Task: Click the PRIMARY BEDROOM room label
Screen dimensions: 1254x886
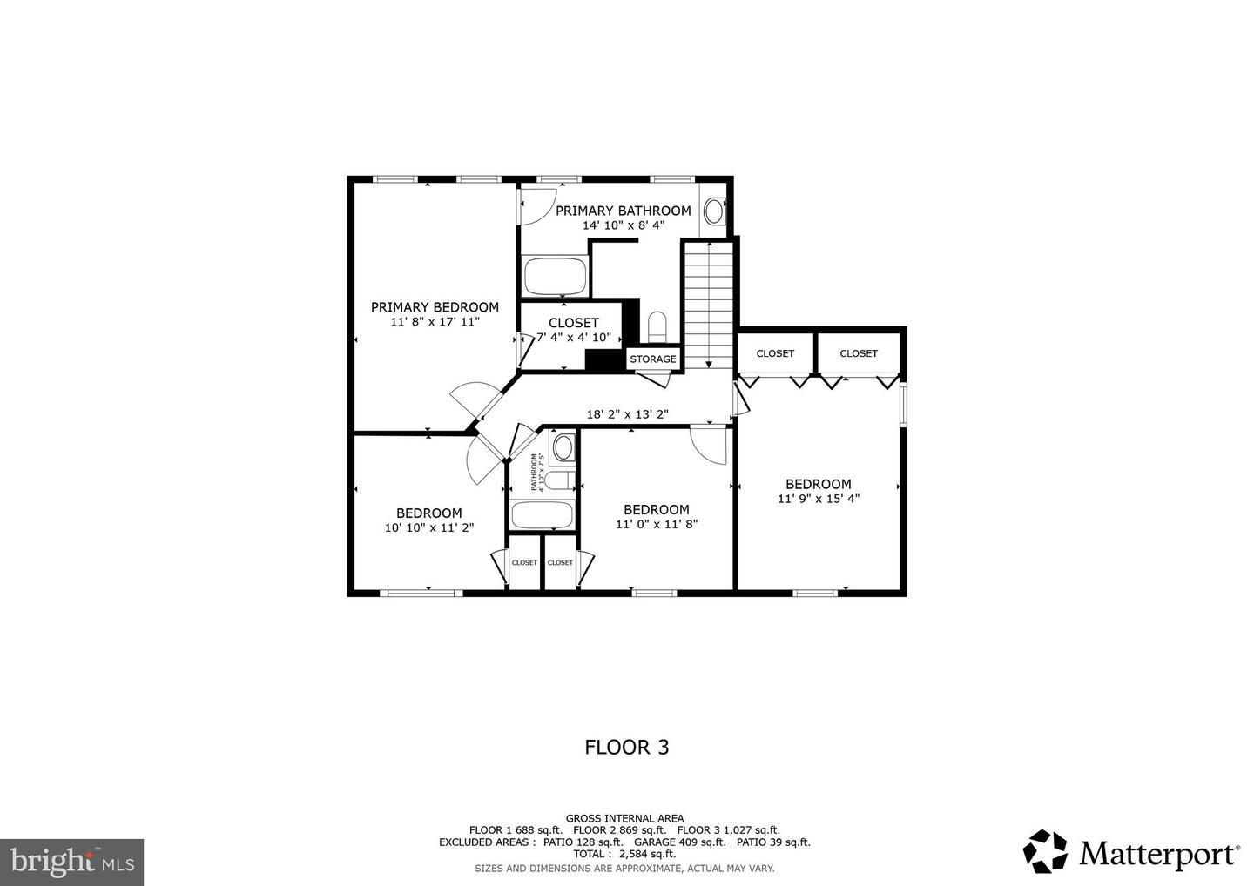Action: pyautogui.click(x=435, y=307)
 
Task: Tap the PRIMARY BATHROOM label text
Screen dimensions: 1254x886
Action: pyautogui.click(x=624, y=211)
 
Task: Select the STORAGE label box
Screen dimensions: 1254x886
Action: pyautogui.click(x=653, y=359)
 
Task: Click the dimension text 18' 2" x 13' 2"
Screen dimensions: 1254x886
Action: pyautogui.click(x=628, y=414)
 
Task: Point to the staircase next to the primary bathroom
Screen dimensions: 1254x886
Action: pyautogui.click(x=709, y=305)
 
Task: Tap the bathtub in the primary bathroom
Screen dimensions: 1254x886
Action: pyautogui.click(x=556, y=276)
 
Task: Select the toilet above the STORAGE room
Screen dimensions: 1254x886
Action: pyautogui.click(x=657, y=326)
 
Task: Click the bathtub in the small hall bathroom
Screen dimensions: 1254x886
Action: pyautogui.click(x=542, y=514)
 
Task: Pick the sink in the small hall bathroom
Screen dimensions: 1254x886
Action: pyautogui.click(x=563, y=448)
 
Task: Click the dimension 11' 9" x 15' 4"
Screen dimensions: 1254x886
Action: pyautogui.click(x=819, y=499)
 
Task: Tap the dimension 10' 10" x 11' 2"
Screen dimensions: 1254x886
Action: pyautogui.click(x=429, y=527)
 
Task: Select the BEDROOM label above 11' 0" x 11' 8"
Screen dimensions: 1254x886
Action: pyautogui.click(x=657, y=509)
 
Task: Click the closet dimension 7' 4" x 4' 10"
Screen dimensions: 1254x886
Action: pyautogui.click(x=574, y=338)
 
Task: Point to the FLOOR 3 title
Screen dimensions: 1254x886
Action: pyautogui.click(x=627, y=748)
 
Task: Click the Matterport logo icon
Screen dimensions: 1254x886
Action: pyautogui.click(x=1045, y=851)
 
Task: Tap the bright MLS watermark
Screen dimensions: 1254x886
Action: pyautogui.click(x=71, y=862)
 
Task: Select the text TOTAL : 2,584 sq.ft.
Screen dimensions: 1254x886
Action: pyautogui.click(x=624, y=854)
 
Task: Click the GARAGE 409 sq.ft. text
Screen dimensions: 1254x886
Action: pyautogui.click(x=679, y=842)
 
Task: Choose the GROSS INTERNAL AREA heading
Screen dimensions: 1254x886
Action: pyautogui.click(x=624, y=818)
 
